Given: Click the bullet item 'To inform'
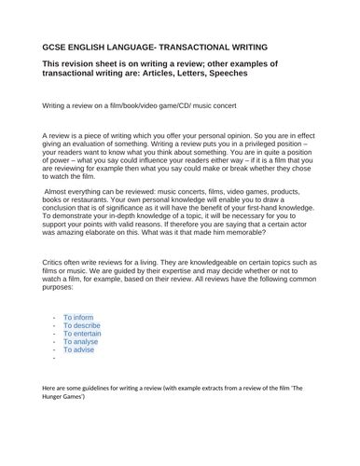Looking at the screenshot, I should tap(81, 318).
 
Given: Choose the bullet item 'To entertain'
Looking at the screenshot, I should tap(86, 337).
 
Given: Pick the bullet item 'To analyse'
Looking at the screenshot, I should tap(84, 347).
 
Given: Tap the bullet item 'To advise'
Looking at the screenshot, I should tap(82, 357).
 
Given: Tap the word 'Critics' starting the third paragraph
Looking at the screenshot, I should tap(57, 265).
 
